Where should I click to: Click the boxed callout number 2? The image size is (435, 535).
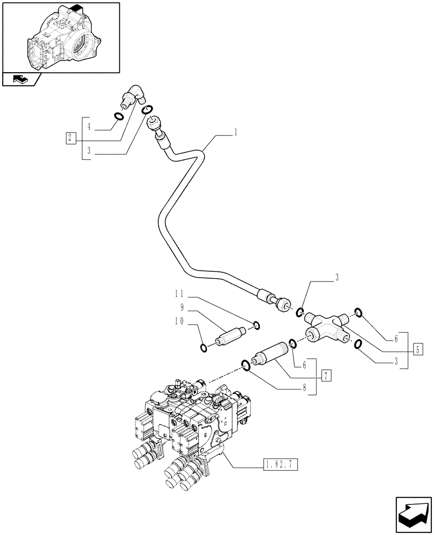(70, 138)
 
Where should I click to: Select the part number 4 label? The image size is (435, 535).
(89, 127)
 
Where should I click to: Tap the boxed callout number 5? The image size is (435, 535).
(418, 350)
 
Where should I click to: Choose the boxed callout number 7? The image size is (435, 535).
(326, 374)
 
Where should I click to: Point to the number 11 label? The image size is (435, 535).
(181, 294)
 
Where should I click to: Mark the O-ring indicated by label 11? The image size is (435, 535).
(256, 325)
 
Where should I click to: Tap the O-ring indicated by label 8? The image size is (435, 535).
(245, 365)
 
